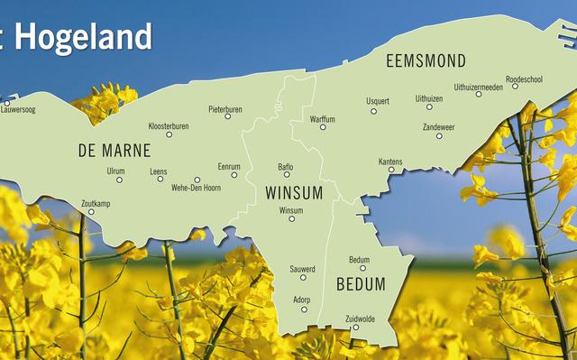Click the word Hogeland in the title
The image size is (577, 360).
click(83, 37)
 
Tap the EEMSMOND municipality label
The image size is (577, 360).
click(426, 61)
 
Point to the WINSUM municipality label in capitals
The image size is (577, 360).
click(295, 192)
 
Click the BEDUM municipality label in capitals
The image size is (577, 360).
click(360, 284)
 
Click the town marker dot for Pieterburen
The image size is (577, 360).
click(227, 116)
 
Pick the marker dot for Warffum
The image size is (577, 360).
click(322, 127)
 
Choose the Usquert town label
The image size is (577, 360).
click(378, 100)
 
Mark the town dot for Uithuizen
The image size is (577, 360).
click(429, 107)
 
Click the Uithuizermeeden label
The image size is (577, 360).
click(478, 87)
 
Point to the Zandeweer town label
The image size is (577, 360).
click(438, 126)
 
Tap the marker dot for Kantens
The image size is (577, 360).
click(390, 170)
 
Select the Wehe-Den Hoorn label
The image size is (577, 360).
click(197, 189)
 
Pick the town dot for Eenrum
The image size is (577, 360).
click(234, 174)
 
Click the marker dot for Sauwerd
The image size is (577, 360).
click(302, 279)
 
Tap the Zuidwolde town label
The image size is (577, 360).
click(362, 318)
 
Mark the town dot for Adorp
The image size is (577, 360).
click(304, 309)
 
